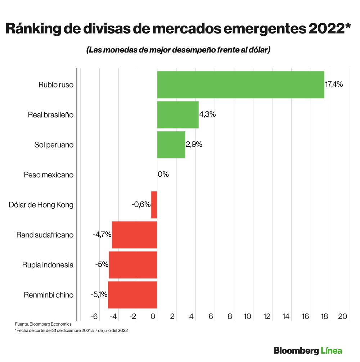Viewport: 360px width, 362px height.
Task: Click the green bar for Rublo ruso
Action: pos(240,85)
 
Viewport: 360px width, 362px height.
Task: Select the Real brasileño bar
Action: pos(178,115)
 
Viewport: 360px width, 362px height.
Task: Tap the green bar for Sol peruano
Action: pos(171,145)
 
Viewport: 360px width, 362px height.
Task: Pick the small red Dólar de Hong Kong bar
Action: pos(154,205)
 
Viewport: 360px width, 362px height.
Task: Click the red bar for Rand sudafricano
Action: pos(135,235)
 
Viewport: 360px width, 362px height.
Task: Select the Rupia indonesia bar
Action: pos(133,265)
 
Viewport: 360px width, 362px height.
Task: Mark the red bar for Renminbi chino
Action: pos(132,295)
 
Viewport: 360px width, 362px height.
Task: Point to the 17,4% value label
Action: pos(334,85)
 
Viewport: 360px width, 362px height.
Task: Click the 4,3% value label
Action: pos(207,115)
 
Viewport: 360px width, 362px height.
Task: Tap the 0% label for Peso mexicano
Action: pos(163,175)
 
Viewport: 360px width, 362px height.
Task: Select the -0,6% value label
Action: pos(141,205)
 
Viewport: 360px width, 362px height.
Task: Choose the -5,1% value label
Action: pos(99,295)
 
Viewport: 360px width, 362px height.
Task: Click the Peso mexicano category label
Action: pos(49,175)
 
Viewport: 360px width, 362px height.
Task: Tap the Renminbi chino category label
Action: pos(49,295)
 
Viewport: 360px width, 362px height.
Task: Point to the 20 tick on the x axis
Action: pos(342,316)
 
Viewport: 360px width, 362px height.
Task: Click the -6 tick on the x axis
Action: pos(94,316)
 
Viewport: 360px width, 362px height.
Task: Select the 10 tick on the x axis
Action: pos(247,316)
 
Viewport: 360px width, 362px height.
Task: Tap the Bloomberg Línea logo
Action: pos(308,350)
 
